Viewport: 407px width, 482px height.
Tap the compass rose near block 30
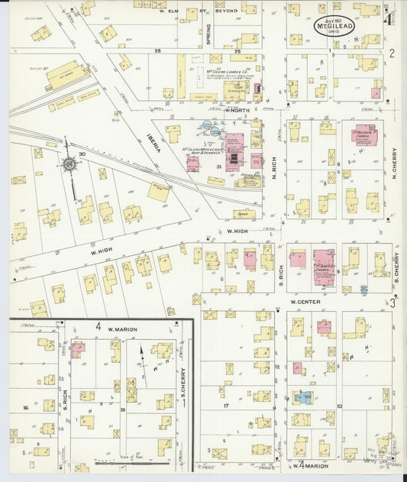(69, 163)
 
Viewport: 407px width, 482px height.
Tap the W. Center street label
(305, 302)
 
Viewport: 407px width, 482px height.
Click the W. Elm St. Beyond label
(198, 11)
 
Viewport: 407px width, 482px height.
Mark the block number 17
(226, 405)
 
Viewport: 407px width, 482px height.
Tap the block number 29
(237, 51)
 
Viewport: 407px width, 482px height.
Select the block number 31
(218, 166)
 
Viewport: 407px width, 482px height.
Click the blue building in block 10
(303, 397)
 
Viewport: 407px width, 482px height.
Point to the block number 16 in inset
(25, 408)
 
